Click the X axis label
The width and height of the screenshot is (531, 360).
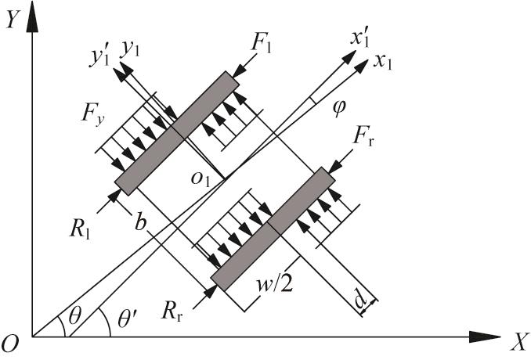pyautogui.click(x=516, y=342)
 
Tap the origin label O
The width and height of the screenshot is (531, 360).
pyautogui.click(x=13, y=343)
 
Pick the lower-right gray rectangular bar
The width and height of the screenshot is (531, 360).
pyautogui.click(x=273, y=228)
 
